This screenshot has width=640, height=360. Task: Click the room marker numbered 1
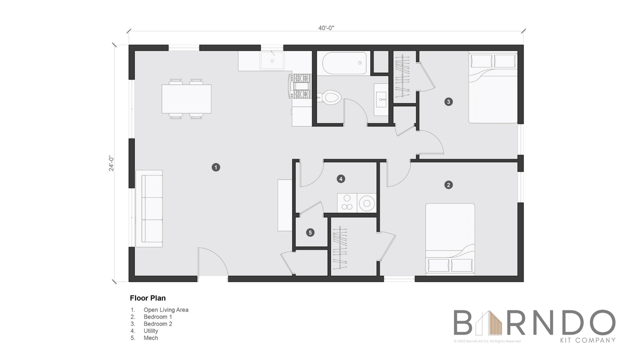pos(216,167)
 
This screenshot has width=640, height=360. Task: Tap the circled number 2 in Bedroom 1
pos(448,185)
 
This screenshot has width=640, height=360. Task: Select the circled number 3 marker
pos(448,101)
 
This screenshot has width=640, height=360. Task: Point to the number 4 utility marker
pos(341,179)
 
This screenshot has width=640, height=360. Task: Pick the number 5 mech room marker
pos(310,232)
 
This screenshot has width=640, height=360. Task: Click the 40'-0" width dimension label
pos(326,28)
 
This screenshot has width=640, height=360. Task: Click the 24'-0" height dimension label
pos(111,163)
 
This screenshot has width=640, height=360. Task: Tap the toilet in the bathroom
pos(330,97)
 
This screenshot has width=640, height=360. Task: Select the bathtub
pos(345,63)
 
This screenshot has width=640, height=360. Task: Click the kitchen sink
pos(272,61)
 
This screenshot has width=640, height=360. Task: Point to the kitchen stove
pos(300,86)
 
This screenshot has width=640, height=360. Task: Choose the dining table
pos(186,99)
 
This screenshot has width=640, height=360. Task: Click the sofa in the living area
pos(149,209)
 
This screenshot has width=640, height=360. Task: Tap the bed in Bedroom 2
pos(493,87)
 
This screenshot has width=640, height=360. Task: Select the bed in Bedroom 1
pos(450,239)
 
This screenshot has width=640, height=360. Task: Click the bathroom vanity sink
pos(381,100)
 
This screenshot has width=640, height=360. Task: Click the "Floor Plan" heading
pos(148,298)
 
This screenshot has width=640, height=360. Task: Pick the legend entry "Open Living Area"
pos(166,310)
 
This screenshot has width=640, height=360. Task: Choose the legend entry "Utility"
pos(151,331)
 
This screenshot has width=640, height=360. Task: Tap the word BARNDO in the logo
pos(534,323)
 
